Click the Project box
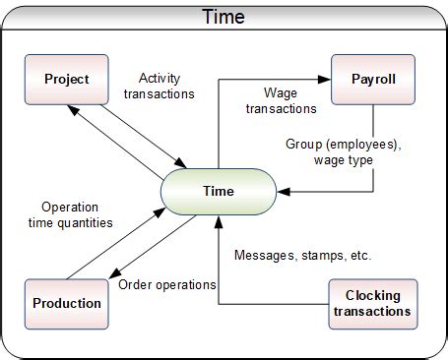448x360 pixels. coord(67,80)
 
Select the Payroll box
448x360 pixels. coord(373,80)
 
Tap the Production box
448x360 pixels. coord(67,303)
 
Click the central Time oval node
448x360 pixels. coord(219,191)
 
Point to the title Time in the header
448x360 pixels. coord(224,17)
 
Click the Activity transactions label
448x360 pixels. coord(166,87)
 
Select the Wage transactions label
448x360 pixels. coord(289,101)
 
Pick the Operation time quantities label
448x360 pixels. coord(77,214)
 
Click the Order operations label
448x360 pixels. coord(166,285)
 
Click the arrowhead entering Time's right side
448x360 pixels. coord(283,190)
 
